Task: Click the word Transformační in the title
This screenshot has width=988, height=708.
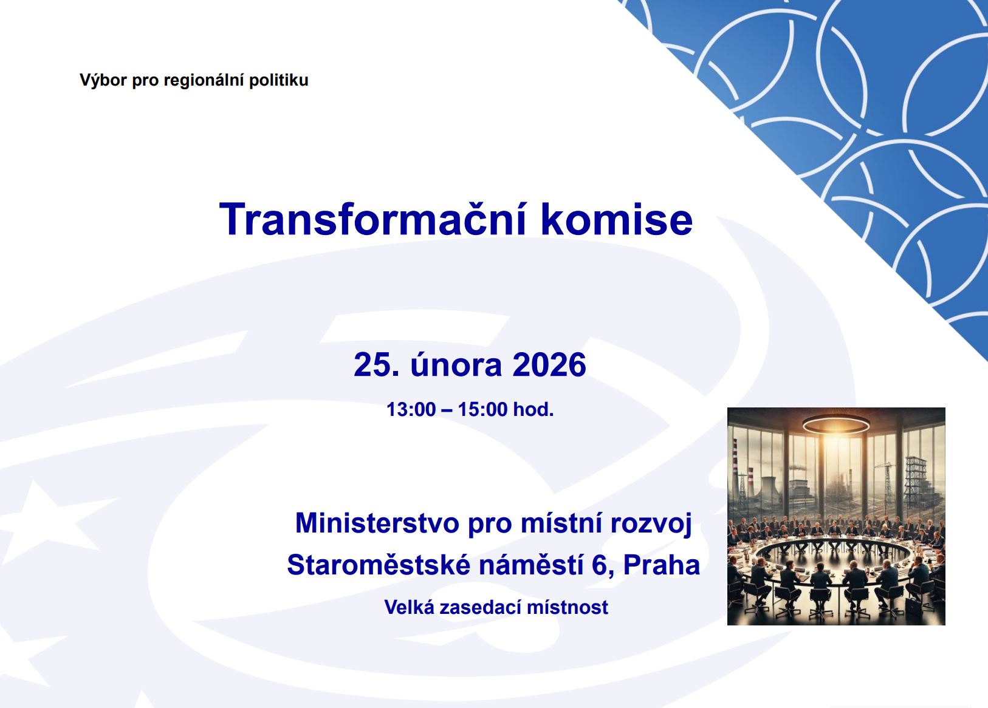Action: (373, 219)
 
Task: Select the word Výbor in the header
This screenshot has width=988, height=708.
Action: (103, 80)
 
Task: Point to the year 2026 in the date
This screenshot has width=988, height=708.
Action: (549, 364)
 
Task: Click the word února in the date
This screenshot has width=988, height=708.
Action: (456, 364)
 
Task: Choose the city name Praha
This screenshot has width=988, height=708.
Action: (662, 565)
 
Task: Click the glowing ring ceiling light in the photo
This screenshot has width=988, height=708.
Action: (836, 424)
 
